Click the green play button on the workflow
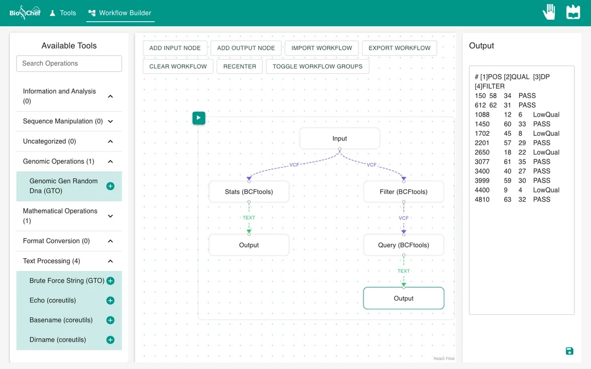pyautogui.click(x=198, y=118)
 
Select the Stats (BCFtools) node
pyautogui.click(x=249, y=191)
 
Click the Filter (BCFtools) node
pyautogui.click(x=403, y=191)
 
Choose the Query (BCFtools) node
pyautogui.click(x=403, y=245)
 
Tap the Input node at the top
pyautogui.click(x=339, y=138)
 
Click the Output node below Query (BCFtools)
pyautogui.click(x=403, y=298)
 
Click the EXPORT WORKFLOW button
pyautogui.click(x=399, y=48)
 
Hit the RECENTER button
pyautogui.click(x=239, y=66)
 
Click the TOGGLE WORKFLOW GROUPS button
pyautogui.click(x=317, y=66)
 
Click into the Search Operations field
pyautogui.click(x=69, y=63)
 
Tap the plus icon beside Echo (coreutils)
pyautogui.click(x=110, y=301)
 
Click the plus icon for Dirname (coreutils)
pyautogui.click(x=110, y=340)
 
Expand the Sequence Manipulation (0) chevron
pyautogui.click(x=110, y=121)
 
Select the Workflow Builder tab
pyautogui.click(x=120, y=13)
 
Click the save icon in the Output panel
pyautogui.click(x=569, y=351)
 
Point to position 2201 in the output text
pyautogui.click(x=482, y=143)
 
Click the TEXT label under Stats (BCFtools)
pyautogui.click(x=249, y=217)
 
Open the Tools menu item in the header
pyautogui.click(x=63, y=13)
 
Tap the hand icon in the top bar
pyautogui.click(x=549, y=12)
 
